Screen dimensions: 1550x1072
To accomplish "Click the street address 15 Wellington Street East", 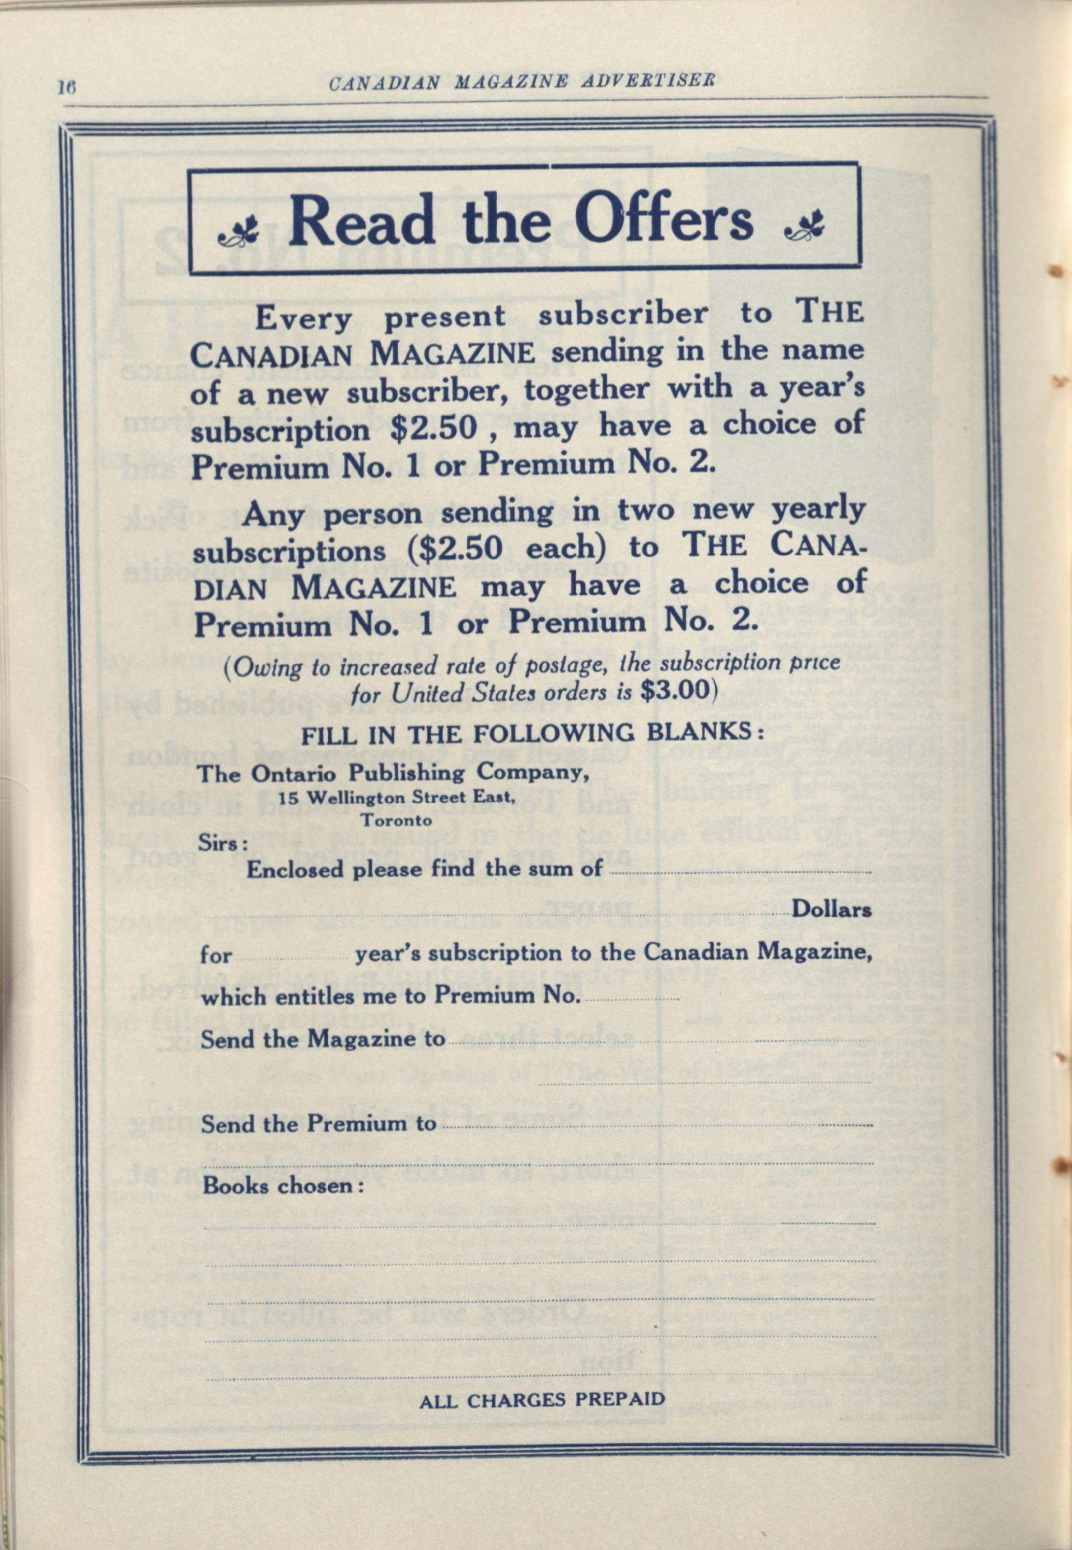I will click(397, 798).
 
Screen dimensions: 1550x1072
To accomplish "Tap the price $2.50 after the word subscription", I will click(434, 428).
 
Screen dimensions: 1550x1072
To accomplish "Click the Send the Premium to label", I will click(318, 1124).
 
